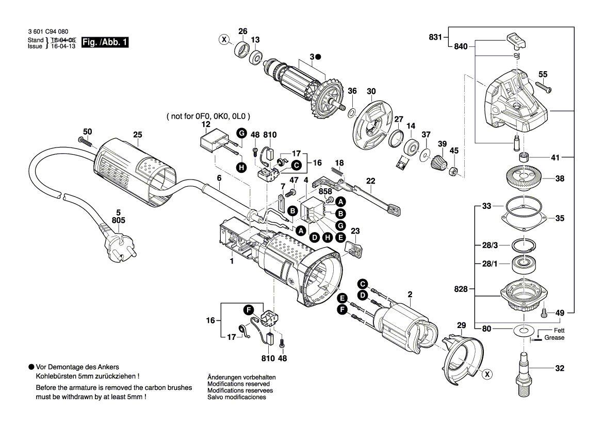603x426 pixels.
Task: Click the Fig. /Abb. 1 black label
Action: (x=105, y=43)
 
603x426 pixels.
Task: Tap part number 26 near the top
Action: (x=242, y=31)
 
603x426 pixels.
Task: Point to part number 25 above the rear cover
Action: (x=137, y=135)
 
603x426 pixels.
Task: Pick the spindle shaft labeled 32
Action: (x=524, y=369)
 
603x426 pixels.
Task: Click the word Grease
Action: (x=555, y=338)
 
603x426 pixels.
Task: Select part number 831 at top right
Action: (x=435, y=37)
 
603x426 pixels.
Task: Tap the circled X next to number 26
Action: (x=223, y=39)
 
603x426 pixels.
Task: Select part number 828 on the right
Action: (x=461, y=289)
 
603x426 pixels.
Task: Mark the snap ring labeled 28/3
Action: (x=524, y=244)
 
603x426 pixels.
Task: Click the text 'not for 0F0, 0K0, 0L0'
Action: (x=208, y=117)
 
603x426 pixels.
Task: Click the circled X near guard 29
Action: (x=486, y=374)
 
